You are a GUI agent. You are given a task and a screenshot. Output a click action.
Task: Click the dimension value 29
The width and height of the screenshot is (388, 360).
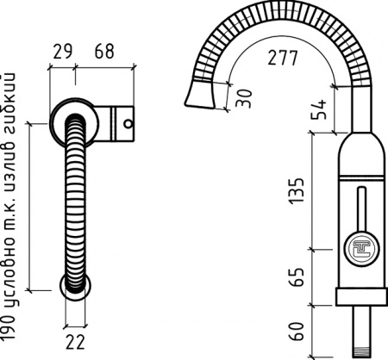pos(63,52)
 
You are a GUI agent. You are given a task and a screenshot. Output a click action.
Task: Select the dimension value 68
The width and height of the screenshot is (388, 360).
pos(104,52)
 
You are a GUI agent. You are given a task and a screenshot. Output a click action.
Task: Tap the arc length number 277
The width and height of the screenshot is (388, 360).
pos(283,58)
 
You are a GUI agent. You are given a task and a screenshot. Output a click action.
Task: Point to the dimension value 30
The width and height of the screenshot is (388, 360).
pos(245,98)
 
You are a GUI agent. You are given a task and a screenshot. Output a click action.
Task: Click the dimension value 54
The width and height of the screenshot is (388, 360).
pos(319,109)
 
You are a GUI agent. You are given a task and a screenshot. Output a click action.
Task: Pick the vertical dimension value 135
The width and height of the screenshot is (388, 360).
pos(297,191)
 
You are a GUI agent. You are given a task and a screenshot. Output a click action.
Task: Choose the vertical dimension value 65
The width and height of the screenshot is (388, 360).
pos(297,277)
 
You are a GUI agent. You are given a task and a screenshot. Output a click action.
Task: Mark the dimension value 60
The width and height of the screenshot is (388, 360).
pos(297,331)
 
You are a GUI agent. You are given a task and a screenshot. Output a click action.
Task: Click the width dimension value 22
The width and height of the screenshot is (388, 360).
pos(75,342)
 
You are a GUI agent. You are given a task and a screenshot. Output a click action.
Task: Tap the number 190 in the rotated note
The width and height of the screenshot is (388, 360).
pos(9,329)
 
